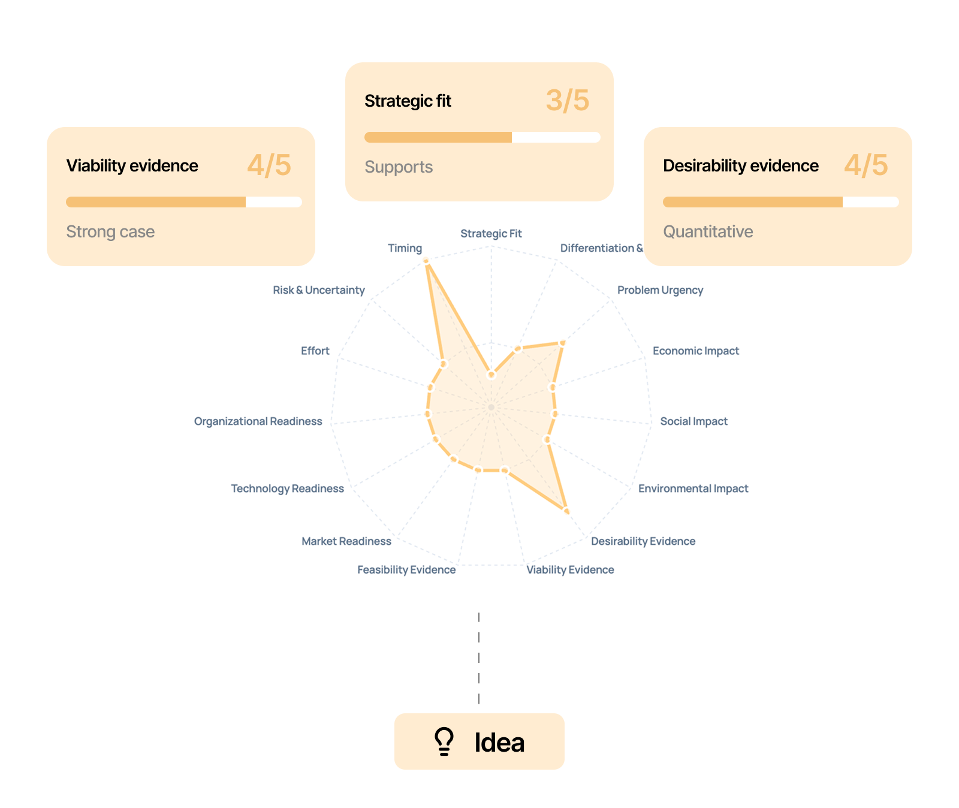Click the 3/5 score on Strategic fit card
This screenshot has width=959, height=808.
567,101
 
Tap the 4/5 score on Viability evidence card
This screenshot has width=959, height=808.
269,165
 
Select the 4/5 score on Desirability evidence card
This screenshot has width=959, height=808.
866,165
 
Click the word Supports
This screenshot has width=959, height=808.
399,167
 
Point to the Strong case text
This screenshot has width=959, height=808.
110,231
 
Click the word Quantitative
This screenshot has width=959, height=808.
708,231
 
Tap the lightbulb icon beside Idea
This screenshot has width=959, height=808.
444,741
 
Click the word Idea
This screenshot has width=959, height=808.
499,743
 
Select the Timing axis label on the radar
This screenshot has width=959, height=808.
405,248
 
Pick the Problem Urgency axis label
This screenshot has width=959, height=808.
660,290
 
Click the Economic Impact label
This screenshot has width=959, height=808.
695,351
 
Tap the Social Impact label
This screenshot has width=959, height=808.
693,421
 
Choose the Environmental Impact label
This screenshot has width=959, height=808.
693,489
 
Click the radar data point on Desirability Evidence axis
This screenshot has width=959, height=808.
566,510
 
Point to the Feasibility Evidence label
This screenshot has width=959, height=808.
406,569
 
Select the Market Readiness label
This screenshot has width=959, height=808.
346,541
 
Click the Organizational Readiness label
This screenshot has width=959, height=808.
258,421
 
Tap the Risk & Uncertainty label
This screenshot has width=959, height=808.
319,290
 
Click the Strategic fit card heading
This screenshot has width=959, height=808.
408,101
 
